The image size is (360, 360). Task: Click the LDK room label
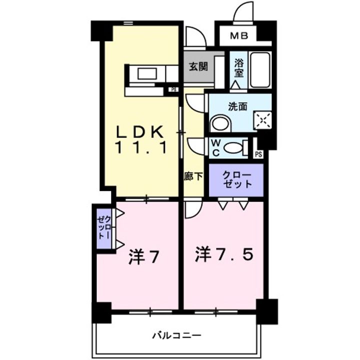pyautogui.click(x=140, y=131)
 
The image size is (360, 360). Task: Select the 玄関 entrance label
pyautogui.click(x=198, y=65)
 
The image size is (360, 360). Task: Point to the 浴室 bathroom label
pyautogui.click(x=239, y=68)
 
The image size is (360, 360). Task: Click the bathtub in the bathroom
pyautogui.click(x=259, y=69)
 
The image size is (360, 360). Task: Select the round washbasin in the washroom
pyautogui.click(x=218, y=124)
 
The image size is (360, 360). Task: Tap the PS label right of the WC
pyautogui.click(x=258, y=154)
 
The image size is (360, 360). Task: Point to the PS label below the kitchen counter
pyautogui.click(x=173, y=90)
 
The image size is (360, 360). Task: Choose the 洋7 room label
pyautogui.click(x=144, y=257)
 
